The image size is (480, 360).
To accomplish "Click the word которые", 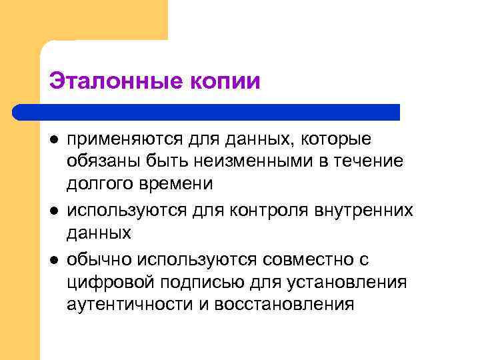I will tap(337, 139).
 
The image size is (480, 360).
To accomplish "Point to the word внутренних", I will tap(359, 211).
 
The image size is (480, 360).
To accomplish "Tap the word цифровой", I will tap(102, 282).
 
